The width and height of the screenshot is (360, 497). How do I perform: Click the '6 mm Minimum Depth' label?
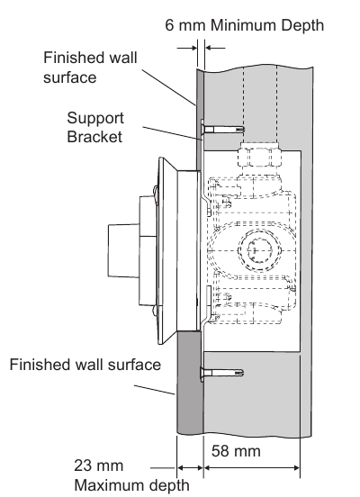[x=244, y=25]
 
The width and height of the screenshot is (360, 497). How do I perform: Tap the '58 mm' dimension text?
[x=236, y=451]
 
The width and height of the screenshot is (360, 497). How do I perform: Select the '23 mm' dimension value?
[x=99, y=465]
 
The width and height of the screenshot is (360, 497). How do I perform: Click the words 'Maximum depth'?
[x=131, y=485]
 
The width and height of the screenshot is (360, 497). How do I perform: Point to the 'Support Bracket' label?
[x=95, y=128]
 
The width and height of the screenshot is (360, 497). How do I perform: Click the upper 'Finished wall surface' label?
[x=90, y=68]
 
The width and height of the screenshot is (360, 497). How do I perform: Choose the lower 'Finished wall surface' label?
[x=85, y=365]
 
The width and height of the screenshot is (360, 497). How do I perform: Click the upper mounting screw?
[x=222, y=129]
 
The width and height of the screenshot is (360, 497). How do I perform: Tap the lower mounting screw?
[x=221, y=373]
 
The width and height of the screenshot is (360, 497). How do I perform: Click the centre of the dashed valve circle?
[x=259, y=250]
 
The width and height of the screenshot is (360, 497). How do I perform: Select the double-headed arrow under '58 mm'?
[x=252, y=467]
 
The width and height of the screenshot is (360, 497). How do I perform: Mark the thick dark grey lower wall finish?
[x=190, y=383]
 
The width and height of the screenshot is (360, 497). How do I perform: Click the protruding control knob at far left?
[x=123, y=250]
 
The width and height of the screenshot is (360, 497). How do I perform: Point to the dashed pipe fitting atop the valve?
[x=259, y=155]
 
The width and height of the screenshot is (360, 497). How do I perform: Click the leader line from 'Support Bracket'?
[x=172, y=133]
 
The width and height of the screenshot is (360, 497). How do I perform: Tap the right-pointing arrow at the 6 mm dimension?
[x=187, y=49]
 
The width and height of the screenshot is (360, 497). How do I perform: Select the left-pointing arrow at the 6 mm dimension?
[x=215, y=49]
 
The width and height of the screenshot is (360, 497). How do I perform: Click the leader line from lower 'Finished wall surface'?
[x=154, y=390]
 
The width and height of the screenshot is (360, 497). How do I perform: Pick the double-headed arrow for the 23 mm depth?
[x=190, y=467]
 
